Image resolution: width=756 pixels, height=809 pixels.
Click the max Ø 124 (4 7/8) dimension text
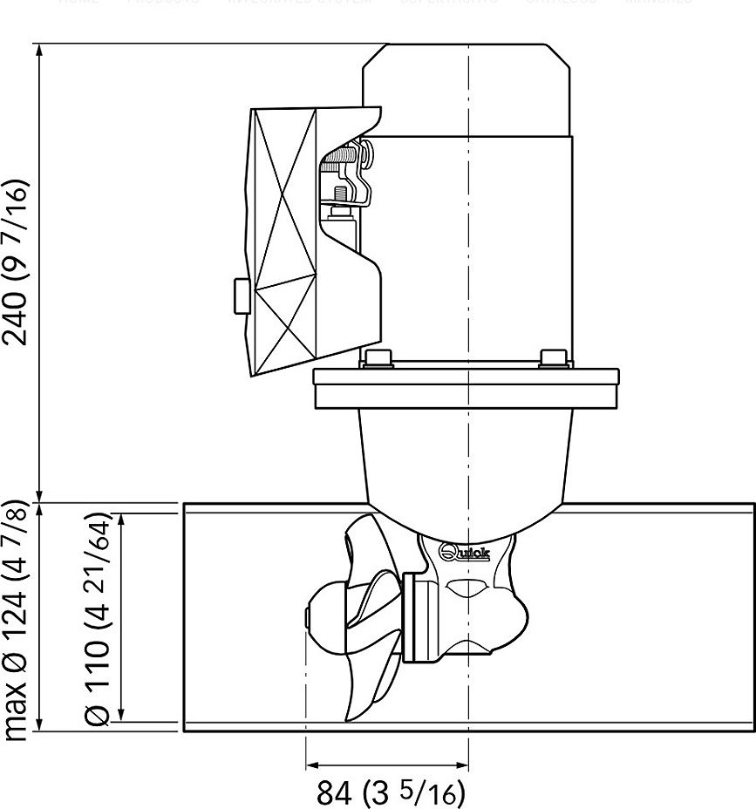[19, 620]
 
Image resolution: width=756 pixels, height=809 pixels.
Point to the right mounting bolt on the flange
[553, 358]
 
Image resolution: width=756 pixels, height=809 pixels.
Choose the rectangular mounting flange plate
[467, 389]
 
